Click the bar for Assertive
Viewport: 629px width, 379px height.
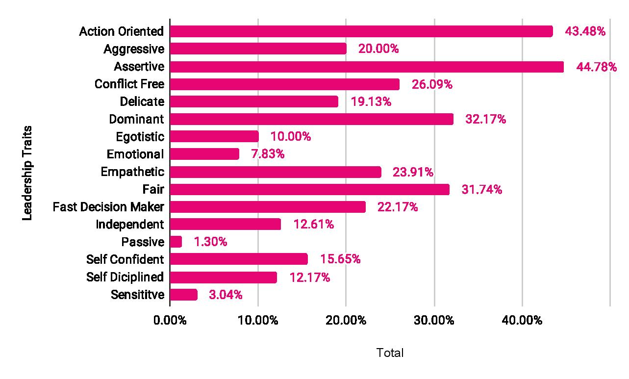tap(367, 67)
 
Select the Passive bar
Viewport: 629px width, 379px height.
tap(176, 242)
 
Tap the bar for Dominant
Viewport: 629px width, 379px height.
tap(311, 119)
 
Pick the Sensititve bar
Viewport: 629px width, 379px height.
tap(184, 295)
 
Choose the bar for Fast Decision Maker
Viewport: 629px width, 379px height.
tap(268, 207)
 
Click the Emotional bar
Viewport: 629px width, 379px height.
tap(204, 154)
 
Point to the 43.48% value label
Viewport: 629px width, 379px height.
tap(585, 31)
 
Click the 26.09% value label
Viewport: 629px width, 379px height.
tap(432, 84)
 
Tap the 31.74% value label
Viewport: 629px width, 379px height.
tap(481, 189)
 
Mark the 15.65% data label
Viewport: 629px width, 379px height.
tap(340, 259)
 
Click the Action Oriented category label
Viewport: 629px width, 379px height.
tap(122, 31)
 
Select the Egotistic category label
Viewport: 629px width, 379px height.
tap(140, 137)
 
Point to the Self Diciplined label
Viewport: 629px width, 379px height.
tap(125, 277)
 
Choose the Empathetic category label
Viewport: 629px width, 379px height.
tap(132, 172)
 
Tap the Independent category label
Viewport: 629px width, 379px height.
tap(130, 225)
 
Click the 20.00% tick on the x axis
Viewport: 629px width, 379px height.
tap(346, 321)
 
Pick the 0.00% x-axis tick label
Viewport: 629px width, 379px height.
tap(170, 321)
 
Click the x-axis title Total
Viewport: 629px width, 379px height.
tap(390, 353)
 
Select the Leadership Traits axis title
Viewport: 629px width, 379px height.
tap(27, 173)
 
